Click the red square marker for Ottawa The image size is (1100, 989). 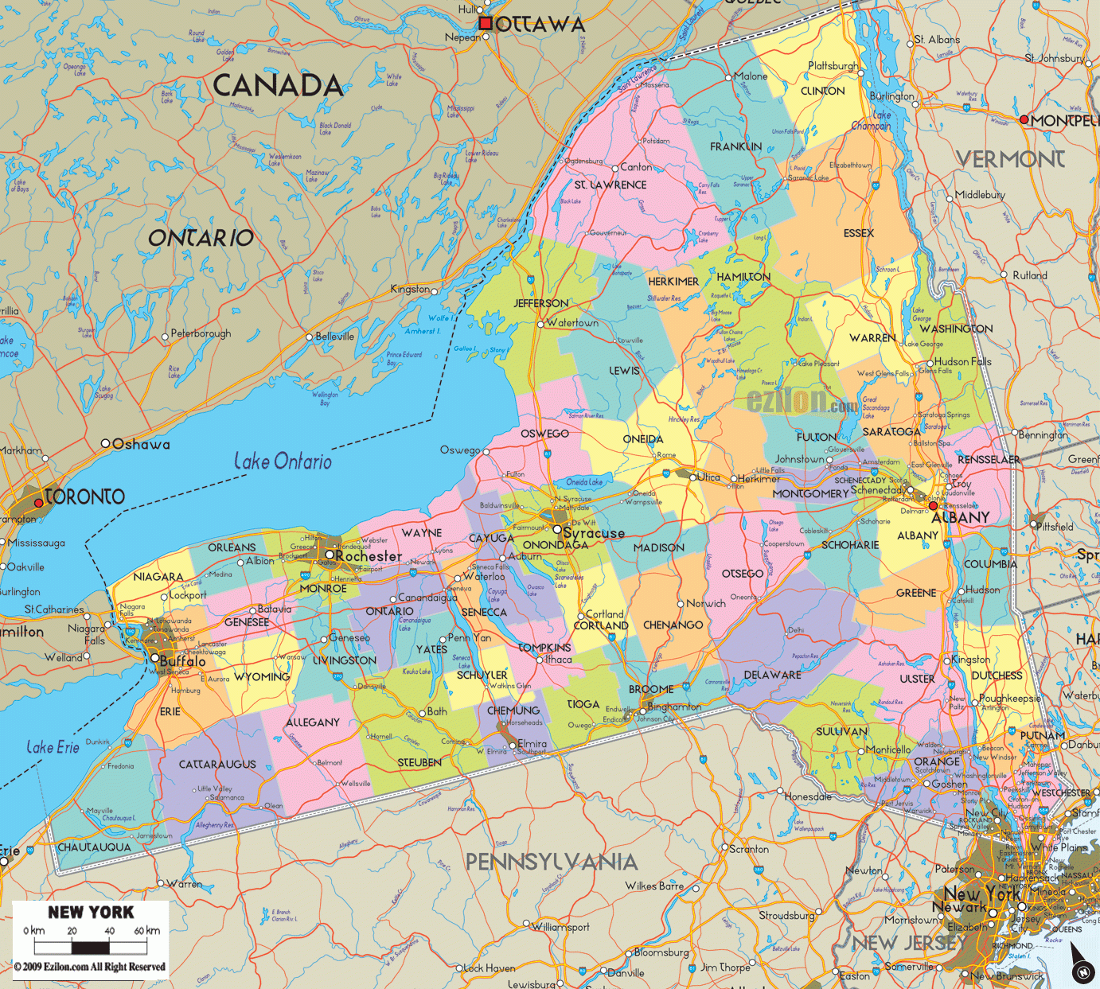click(485, 24)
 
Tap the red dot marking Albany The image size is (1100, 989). click(934, 505)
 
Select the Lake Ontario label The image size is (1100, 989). click(283, 461)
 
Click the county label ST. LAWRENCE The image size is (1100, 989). click(610, 185)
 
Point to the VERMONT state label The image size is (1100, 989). click(1010, 159)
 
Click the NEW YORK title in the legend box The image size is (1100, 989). click(91, 913)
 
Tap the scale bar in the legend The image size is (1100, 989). click(91, 947)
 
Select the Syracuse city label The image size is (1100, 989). click(594, 533)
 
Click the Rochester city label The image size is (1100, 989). click(369, 556)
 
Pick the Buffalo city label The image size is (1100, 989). click(183, 661)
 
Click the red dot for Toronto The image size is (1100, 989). click(38, 503)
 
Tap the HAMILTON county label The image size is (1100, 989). click(743, 277)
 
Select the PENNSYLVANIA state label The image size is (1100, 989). click(552, 862)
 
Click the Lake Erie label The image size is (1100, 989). click(53, 747)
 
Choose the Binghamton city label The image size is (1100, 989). click(675, 706)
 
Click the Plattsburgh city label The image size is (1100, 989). click(833, 65)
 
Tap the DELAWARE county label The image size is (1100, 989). click(772, 675)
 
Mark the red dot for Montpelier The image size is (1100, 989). click(1024, 119)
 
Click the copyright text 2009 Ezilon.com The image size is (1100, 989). click(89, 967)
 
